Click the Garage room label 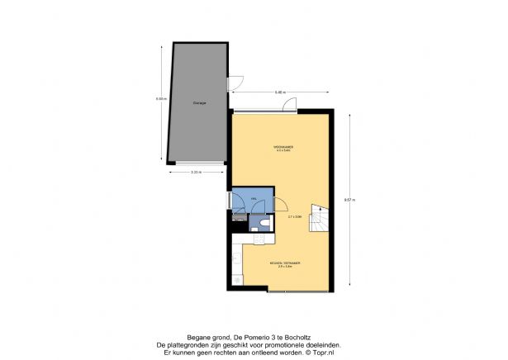click(199, 103)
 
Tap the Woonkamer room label click(284, 149)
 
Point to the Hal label click(243, 199)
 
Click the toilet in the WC click(263, 224)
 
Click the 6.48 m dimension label click(280, 92)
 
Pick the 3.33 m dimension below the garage click(196, 172)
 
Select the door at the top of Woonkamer click(289, 105)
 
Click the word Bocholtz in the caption click(300, 338)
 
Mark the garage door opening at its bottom click(199, 163)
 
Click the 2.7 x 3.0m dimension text click(295, 216)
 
